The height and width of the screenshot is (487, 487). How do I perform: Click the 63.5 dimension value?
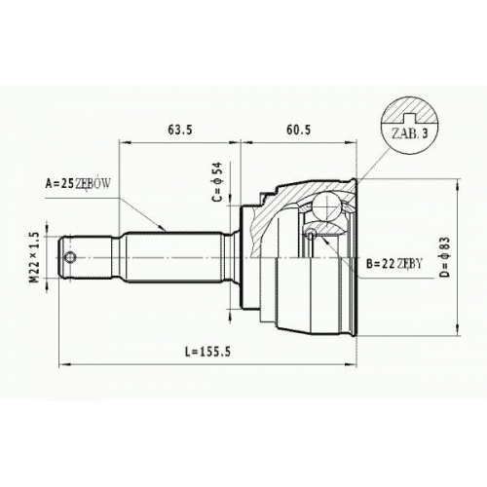180,130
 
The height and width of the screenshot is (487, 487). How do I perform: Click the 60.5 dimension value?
298,130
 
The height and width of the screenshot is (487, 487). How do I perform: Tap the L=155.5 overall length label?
207,351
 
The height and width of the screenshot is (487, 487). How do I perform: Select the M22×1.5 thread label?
35,258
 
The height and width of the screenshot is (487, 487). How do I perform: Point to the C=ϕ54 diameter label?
217,181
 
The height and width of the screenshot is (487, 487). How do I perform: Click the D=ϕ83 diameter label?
446,257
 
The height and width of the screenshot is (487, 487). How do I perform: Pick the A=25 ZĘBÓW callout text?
78,184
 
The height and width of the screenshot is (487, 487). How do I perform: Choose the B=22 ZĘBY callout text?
394,264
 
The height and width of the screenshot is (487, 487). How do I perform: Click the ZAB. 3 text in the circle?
410,133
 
